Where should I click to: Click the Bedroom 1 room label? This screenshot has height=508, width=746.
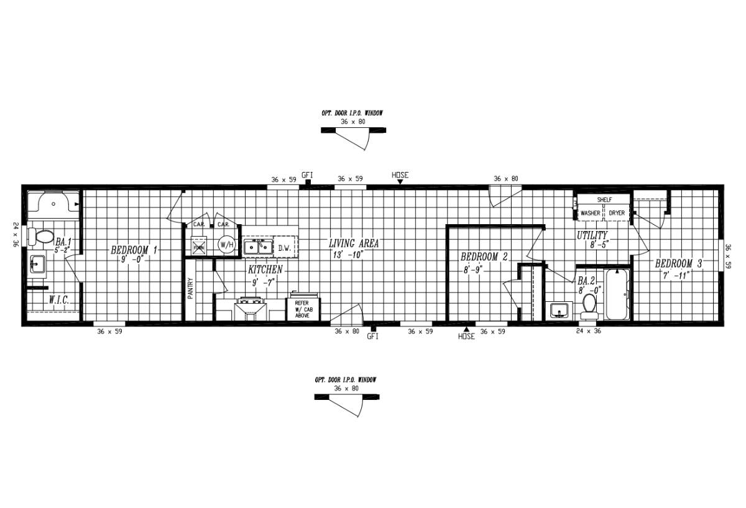tap(134, 250)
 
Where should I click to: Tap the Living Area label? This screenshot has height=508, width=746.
tap(354, 243)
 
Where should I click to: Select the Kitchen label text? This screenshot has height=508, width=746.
tap(265, 270)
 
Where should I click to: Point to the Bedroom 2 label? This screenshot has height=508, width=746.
tap(484, 256)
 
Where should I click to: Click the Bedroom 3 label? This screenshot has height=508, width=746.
tap(678, 264)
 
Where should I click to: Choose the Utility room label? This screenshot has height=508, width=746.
tap(592, 235)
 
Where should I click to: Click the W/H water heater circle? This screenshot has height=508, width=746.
tap(226, 245)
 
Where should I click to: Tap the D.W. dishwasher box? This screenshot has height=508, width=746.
tap(285, 248)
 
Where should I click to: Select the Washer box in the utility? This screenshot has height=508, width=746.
tap(590, 213)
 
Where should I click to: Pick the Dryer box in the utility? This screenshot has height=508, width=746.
tap(617, 213)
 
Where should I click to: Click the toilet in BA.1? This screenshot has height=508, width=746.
tap(44, 237)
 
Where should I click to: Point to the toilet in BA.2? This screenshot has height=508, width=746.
tap(589, 304)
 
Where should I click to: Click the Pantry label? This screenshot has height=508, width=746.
tap(190, 289)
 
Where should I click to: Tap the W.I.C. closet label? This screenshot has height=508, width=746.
tap(59, 301)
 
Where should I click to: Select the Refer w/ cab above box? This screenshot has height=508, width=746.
tap(302, 309)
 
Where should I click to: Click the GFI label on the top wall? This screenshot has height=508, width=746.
tap(307, 175)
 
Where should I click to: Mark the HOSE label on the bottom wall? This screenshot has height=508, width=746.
tap(466, 337)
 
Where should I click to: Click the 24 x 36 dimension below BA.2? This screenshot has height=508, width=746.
tap(588, 331)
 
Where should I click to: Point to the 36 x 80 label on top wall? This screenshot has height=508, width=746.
tap(505, 178)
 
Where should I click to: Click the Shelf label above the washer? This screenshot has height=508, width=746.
tap(604, 200)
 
